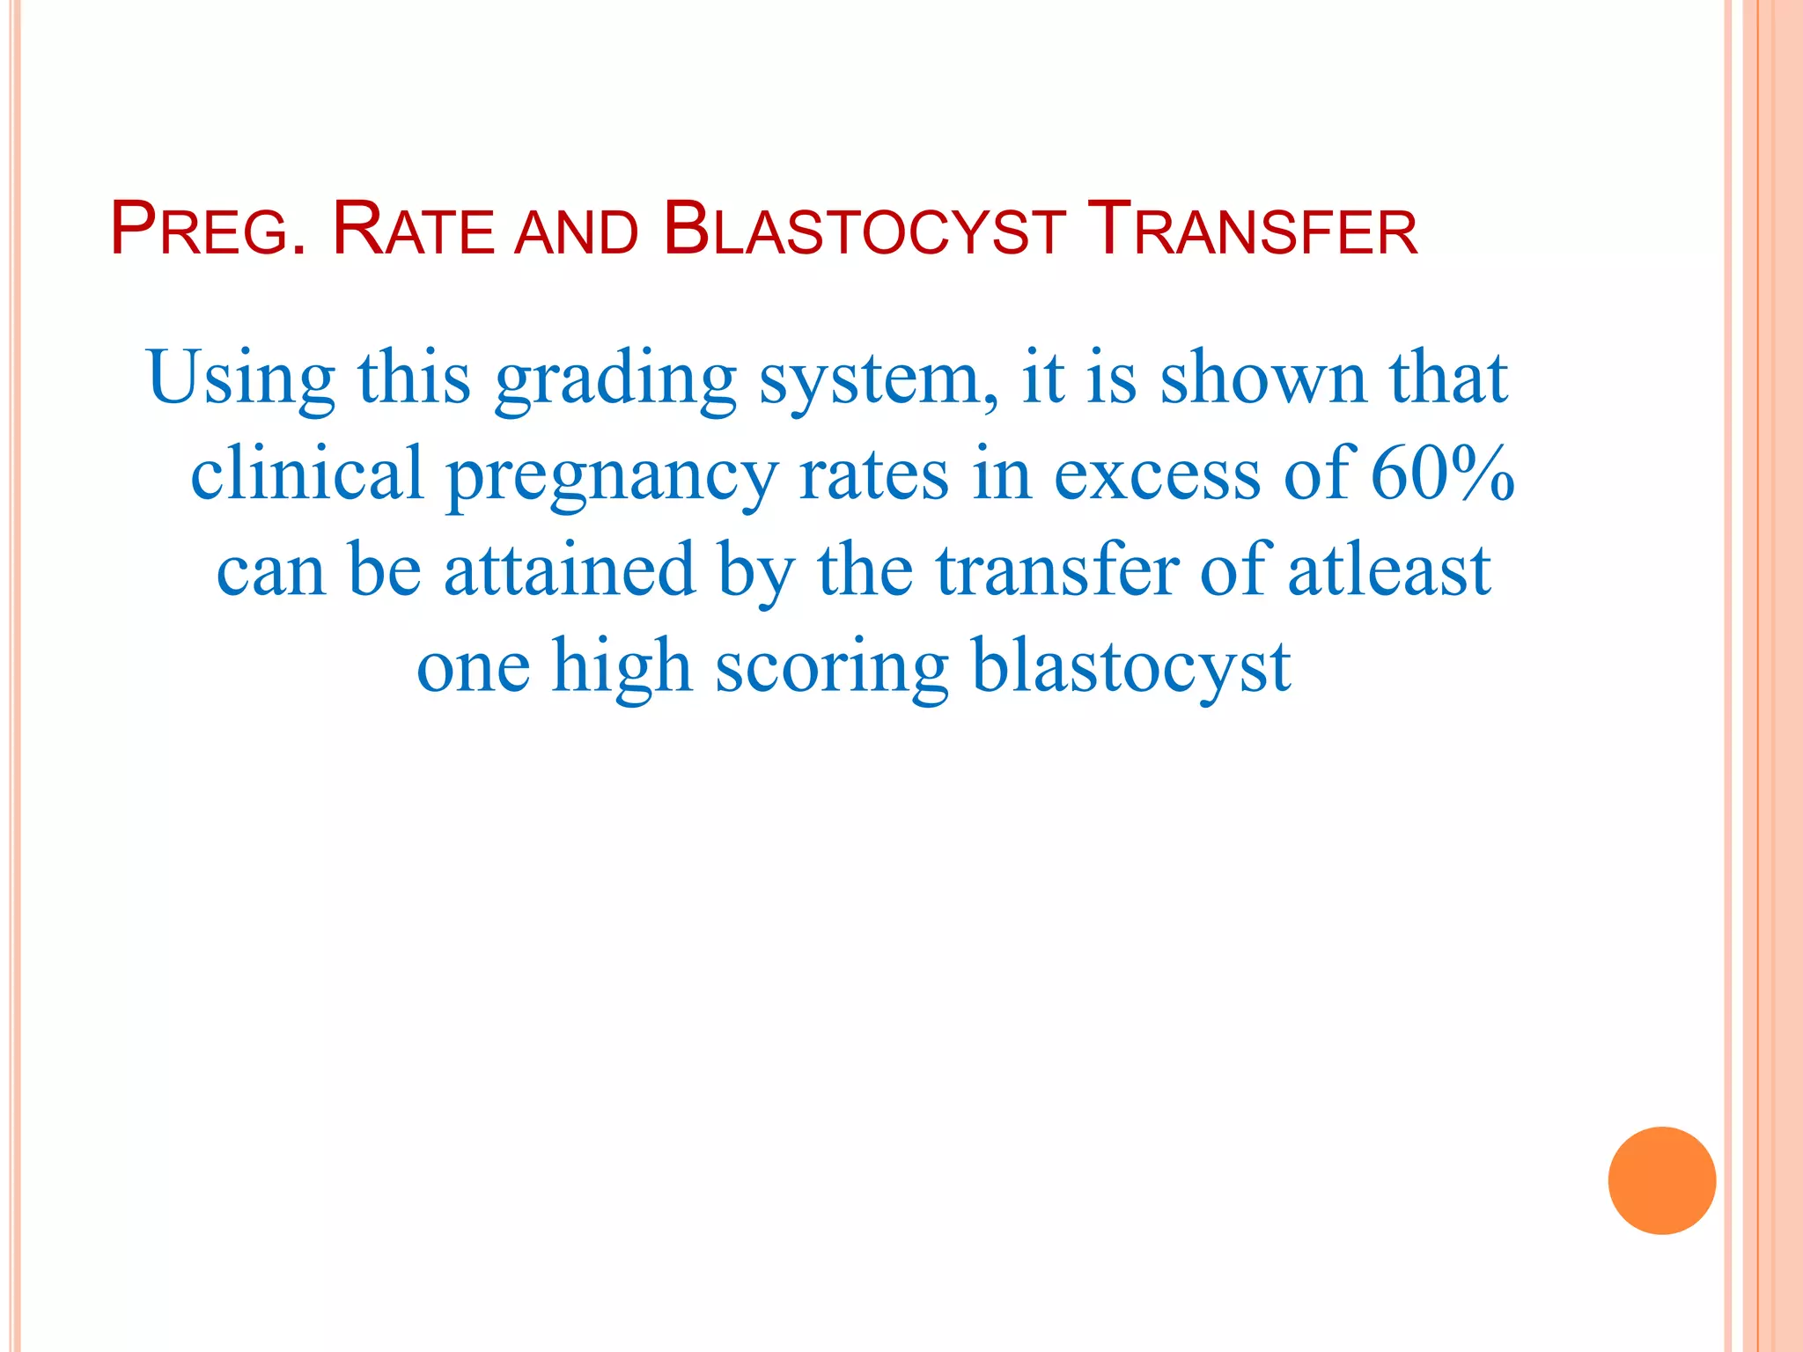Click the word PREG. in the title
click(209, 230)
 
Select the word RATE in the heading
click(414, 230)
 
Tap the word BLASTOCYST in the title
click(864, 230)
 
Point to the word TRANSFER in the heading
click(1252, 230)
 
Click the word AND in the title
click(577, 232)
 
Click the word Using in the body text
click(241, 378)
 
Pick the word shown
click(1263, 378)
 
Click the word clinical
click(307, 474)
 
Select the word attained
click(570, 569)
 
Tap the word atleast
click(1389, 569)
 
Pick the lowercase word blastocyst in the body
click(1131, 666)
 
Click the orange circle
click(1661, 1180)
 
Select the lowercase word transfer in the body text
click(1057, 569)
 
